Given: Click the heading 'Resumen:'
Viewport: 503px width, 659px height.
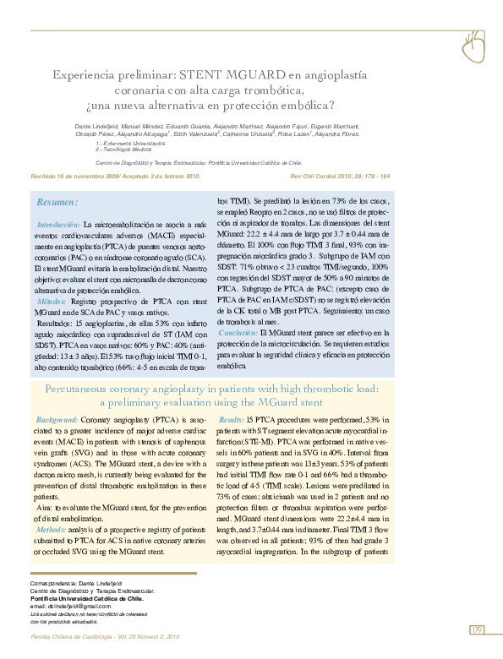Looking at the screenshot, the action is click(x=57, y=203).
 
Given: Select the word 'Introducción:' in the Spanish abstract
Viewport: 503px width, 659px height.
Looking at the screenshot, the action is click(x=57, y=226).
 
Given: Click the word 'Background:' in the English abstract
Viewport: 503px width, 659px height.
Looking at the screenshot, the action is click(x=56, y=420).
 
